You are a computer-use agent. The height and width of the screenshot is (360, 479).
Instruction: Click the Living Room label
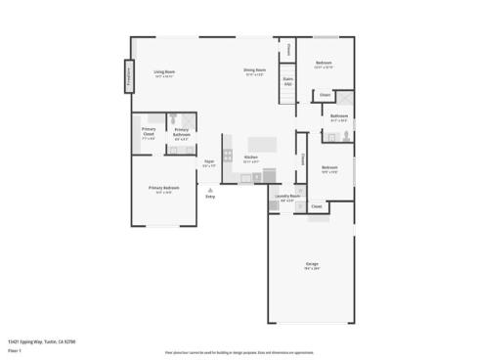[163, 71]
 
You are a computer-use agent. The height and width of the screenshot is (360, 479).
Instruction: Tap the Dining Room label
[254, 70]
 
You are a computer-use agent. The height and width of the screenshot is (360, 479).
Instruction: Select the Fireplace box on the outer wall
[127, 77]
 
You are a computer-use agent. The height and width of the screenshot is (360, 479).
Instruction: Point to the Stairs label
[287, 82]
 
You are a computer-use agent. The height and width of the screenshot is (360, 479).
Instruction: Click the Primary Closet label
[149, 132]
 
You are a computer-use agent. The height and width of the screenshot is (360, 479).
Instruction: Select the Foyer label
[209, 162]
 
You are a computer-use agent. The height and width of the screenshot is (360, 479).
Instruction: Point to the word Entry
[209, 197]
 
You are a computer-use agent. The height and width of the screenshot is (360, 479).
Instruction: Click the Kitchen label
[250, 157]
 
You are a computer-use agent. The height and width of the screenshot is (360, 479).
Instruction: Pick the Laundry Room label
[287, 197]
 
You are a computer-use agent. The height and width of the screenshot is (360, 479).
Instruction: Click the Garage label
[312, 264]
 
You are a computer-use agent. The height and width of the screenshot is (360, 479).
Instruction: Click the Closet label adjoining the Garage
[317, 206]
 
